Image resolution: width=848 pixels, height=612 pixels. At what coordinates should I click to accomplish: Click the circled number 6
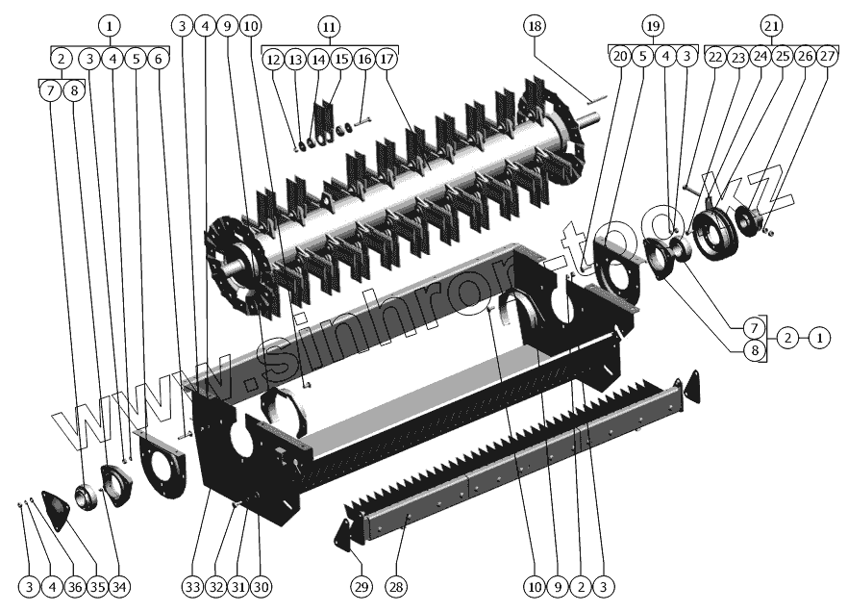159,59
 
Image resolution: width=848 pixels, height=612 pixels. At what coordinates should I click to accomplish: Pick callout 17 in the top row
387,59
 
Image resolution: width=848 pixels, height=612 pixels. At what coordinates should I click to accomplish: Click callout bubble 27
828,57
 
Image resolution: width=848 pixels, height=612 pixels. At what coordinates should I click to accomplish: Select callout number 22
714,57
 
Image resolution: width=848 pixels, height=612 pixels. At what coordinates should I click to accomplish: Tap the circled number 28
396,586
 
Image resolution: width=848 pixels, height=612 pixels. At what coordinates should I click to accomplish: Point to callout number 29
361,586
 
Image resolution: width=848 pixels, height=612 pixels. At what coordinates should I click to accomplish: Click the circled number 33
193,586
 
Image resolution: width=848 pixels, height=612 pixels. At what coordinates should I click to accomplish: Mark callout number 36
74,586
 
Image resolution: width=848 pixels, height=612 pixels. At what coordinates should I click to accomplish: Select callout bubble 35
96,586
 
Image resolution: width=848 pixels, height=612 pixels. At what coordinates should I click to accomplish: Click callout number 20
620,57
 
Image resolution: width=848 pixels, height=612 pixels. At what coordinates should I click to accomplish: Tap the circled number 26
805,57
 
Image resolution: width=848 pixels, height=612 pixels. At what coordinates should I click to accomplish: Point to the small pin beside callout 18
593,96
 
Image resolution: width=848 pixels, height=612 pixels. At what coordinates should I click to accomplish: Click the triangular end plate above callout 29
342,535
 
